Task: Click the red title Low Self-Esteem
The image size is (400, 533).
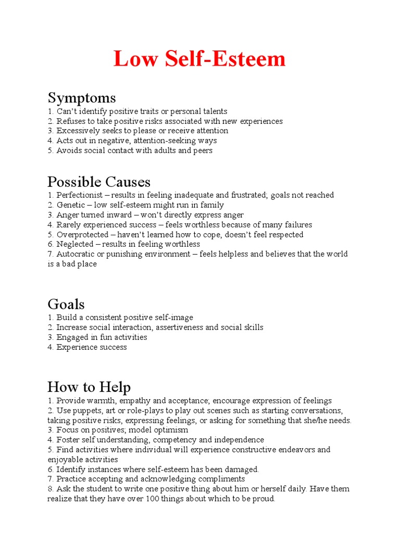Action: click(199, 59)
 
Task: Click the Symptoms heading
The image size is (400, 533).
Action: click(82, 98)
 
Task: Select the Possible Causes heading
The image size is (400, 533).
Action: click(99, 182)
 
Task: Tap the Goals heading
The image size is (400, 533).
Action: click(66, 304)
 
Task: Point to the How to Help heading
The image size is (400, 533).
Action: click(89, 387)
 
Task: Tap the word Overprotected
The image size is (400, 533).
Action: click(81, 235)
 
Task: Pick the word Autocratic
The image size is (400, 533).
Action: click(74, 254)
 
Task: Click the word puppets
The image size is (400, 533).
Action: click(86, 411)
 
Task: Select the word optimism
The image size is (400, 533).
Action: click(172, 430)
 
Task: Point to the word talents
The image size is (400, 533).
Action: click(214, 111)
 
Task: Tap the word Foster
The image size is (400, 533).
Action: click(68, 440)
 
